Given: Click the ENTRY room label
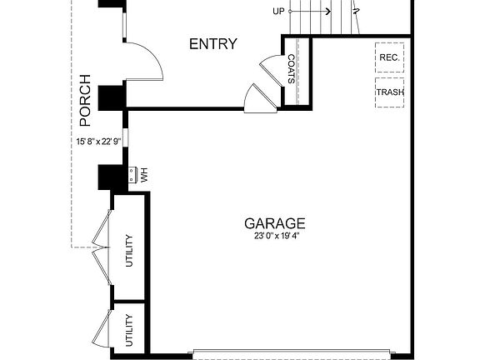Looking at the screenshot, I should click(213, 44).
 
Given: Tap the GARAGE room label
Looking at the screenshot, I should click(274, 223).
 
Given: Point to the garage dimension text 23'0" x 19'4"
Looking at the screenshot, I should click(274, 237).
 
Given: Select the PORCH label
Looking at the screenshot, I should click(84, 99).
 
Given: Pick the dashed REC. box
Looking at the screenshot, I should click(389, 57).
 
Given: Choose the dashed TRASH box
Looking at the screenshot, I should click(389, 92).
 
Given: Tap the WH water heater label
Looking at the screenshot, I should click(143, 176).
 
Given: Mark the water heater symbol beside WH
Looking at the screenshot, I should click(132, 176).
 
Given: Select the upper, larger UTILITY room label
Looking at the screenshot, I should click(129, 251).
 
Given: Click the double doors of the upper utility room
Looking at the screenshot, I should click(102, 246).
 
